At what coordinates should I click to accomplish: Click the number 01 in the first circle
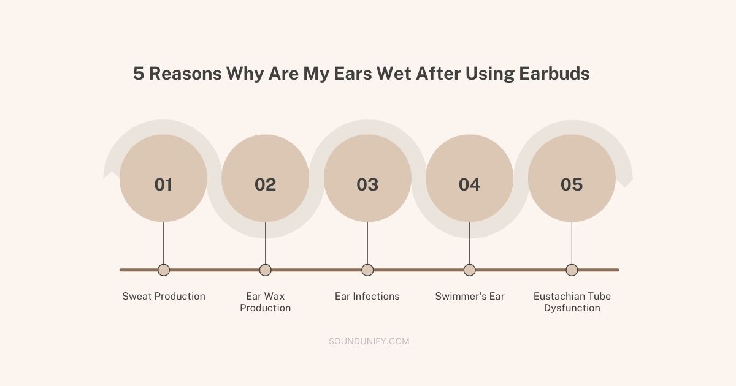(x=163, y=184)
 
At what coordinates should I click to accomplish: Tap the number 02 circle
(x=265, y=184)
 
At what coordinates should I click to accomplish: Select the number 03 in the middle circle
(x=367, y=184)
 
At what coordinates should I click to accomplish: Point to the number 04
(x=469, y=184)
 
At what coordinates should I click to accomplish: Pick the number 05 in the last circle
(x=572, y=184)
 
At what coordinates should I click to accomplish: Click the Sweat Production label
(x=164, y=297)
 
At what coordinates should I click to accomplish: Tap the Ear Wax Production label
(x=265, y=302)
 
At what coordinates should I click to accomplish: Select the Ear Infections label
(x=367, y=297)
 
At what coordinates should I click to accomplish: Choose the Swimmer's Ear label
(x=470, y=297)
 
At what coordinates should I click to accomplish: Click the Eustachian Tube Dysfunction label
(x=572, y=302)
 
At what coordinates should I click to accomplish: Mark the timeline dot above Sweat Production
(x=163, y=270)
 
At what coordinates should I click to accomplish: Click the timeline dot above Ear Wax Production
(x=265, y=270)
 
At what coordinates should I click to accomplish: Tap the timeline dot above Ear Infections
(x=367, y=270)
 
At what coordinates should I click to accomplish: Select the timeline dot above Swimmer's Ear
(x=469, y=270)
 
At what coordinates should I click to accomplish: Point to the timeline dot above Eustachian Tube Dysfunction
(x=572, y=270)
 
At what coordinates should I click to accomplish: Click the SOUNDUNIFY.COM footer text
(x=369, y=341)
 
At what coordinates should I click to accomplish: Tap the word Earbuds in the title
(x=554, y=74)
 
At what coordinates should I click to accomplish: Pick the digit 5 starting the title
(x=139, y=74)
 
